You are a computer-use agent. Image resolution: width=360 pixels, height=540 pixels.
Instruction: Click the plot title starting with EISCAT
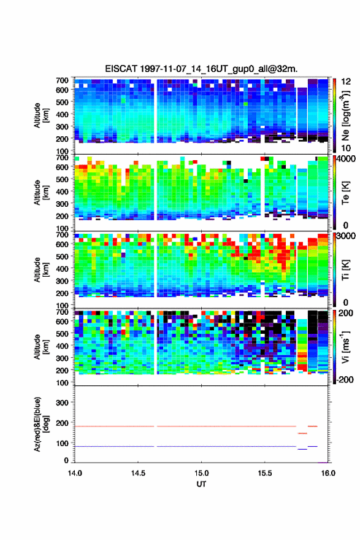tap(201, 69)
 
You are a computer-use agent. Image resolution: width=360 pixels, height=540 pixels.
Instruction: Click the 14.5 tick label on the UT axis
tap(138, 473)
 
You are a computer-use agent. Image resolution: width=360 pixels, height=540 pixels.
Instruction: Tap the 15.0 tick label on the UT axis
tap(201, 473)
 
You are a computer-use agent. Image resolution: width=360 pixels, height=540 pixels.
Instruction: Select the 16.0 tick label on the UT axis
tap(328, 473)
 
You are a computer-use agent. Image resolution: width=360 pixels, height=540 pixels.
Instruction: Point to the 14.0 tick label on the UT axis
tap(75, 473)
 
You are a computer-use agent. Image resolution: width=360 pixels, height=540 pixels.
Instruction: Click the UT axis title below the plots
tap(201, 484)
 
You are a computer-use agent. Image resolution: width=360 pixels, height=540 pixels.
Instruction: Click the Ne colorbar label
tap(345, 116)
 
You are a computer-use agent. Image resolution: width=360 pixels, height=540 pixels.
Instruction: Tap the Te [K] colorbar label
tap(345, 193)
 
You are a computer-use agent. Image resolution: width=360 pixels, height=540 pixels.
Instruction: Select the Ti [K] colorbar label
tap(345, 270)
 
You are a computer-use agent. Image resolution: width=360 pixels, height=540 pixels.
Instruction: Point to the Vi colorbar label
tap(345, 347)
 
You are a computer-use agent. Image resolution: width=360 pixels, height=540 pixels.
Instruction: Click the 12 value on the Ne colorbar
tap(345, 82)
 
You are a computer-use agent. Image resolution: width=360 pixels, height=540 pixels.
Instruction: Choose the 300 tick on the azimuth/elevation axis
tap(62, 403)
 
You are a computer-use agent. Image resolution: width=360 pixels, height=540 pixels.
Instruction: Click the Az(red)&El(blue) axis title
tap(40, 424)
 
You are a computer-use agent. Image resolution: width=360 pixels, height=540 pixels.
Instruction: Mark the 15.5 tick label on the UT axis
tap(265, 473)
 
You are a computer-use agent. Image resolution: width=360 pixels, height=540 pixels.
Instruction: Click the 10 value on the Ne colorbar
tap(345, 148)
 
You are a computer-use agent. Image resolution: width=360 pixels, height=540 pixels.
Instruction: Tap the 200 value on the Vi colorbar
tap(345, 313)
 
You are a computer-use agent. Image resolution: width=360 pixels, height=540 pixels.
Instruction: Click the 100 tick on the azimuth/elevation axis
tap(62, 443)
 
